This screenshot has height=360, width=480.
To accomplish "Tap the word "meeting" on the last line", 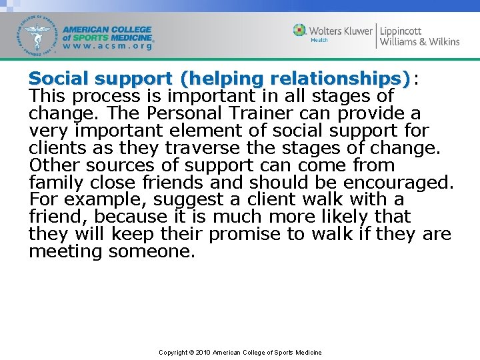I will click(x=65, y=252).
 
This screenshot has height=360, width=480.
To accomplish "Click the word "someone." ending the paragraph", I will click(x=151, y=252).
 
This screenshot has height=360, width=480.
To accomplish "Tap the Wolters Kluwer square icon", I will click(x=300, y=31).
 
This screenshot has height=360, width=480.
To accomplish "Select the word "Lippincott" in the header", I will click(x=401, y=30).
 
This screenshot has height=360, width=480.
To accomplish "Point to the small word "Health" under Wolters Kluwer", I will click(x=319, y=40).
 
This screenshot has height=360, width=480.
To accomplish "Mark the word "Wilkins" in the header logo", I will click(x=441, y=41).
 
